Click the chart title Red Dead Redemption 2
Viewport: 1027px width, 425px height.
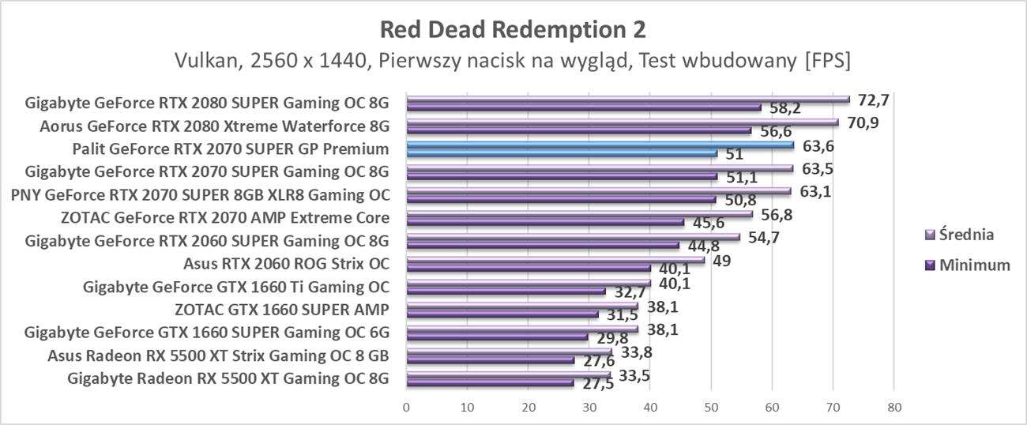[x=513, y=29]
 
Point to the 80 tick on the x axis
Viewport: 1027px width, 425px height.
[x=893, y=408]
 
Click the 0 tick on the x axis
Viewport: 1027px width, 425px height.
[x=406, y=408]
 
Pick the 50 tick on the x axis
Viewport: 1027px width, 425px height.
[x=710, y=408]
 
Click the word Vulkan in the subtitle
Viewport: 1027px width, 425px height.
[x=205, y=60]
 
